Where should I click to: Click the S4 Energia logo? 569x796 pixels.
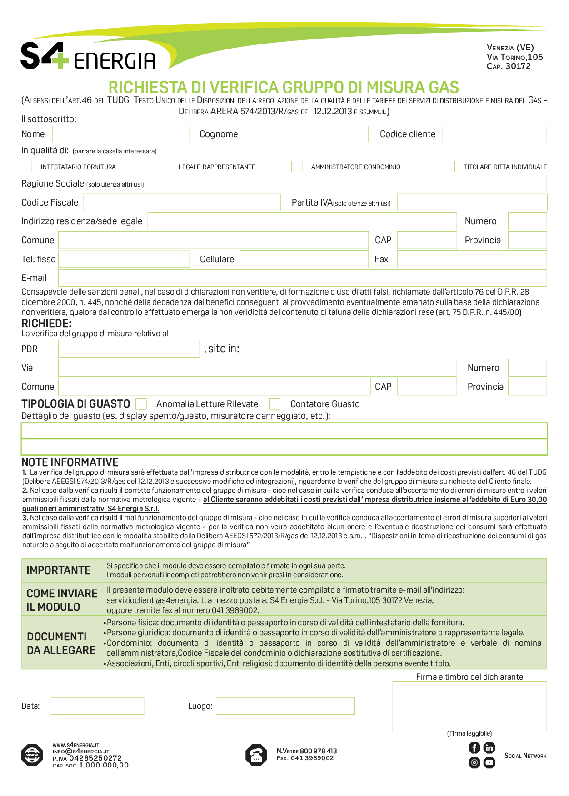(88, 56)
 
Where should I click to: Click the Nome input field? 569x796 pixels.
(121, 134)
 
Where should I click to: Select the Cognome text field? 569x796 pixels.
(306, 134)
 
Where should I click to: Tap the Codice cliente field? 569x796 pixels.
(494, 134)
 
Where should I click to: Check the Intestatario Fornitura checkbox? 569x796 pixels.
(27, 167)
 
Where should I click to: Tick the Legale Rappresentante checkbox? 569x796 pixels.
(164, 167)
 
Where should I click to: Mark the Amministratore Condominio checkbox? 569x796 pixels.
(297, 167)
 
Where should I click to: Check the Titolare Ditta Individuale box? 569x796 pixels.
(449, 167)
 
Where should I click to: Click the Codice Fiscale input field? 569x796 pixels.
(182, 202)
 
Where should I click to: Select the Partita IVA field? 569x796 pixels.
(472, 202)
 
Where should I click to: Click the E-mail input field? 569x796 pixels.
(302, 278)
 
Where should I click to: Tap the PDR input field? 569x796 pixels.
(129, 349)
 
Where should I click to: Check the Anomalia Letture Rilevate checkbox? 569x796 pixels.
(141, 404)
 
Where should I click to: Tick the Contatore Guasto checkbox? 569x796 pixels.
(275, 404)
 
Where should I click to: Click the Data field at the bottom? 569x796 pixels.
(97, 706)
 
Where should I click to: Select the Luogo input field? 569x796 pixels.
(285, 706)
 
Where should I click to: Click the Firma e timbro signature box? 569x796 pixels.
(469, 706)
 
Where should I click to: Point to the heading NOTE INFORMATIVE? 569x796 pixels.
(70, 462)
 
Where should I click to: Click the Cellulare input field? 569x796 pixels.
(304, 259)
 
